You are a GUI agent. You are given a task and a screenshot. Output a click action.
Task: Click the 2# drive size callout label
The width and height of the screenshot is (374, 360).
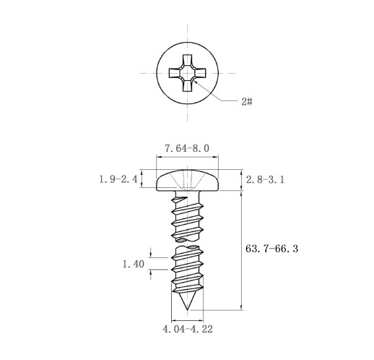[247, 102]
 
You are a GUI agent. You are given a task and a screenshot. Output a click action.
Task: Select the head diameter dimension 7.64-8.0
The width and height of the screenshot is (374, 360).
[187, 148]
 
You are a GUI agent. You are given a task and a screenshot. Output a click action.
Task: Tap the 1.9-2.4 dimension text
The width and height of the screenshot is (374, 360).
[118, 179]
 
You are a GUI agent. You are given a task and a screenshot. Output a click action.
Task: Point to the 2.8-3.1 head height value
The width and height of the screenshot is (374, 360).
[265, 179]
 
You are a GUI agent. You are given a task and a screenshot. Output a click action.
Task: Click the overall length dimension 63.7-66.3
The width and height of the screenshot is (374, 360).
[271, 249]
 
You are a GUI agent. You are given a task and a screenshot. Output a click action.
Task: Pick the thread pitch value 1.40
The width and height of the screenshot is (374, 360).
[134, 264]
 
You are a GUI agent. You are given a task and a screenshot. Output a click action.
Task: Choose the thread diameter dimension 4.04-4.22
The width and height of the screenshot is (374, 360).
[188, 329]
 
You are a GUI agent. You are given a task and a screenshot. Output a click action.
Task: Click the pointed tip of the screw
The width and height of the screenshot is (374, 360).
[187, 310]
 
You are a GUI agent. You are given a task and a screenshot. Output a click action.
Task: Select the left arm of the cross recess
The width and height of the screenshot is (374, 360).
[175, 73]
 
